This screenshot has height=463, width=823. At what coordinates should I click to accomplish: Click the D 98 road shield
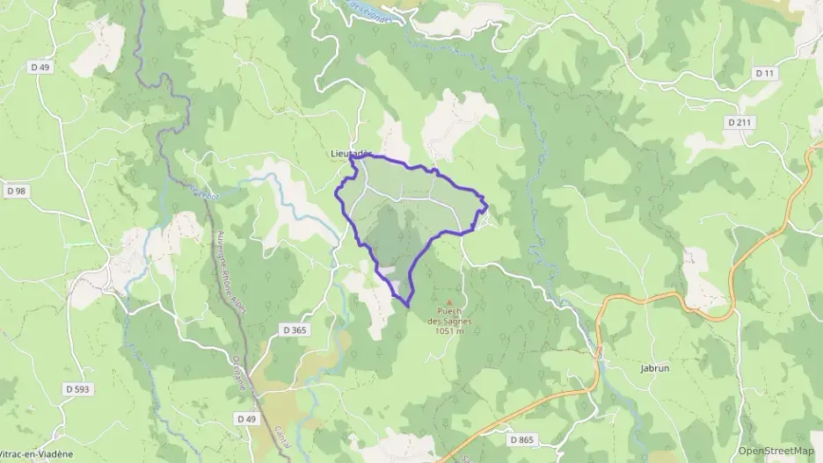[16, 191]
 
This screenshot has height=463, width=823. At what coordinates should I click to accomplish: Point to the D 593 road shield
[78, 388]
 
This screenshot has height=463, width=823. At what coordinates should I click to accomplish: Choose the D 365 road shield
[295, 329]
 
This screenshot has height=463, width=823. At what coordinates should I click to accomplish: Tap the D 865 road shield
[521, 438]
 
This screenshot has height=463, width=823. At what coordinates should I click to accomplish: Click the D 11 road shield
[766, 74]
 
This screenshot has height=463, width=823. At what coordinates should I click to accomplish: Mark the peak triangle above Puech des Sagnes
[449, 302]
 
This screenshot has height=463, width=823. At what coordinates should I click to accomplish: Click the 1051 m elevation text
[449, 331]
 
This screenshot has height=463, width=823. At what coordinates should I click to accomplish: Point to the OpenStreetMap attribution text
[776, 450]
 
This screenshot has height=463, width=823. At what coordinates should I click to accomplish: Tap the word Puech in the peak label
[449, 312]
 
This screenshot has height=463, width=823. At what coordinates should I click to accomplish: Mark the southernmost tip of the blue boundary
[407, 306]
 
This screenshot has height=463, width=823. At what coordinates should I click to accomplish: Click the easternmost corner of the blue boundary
[487, 207]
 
